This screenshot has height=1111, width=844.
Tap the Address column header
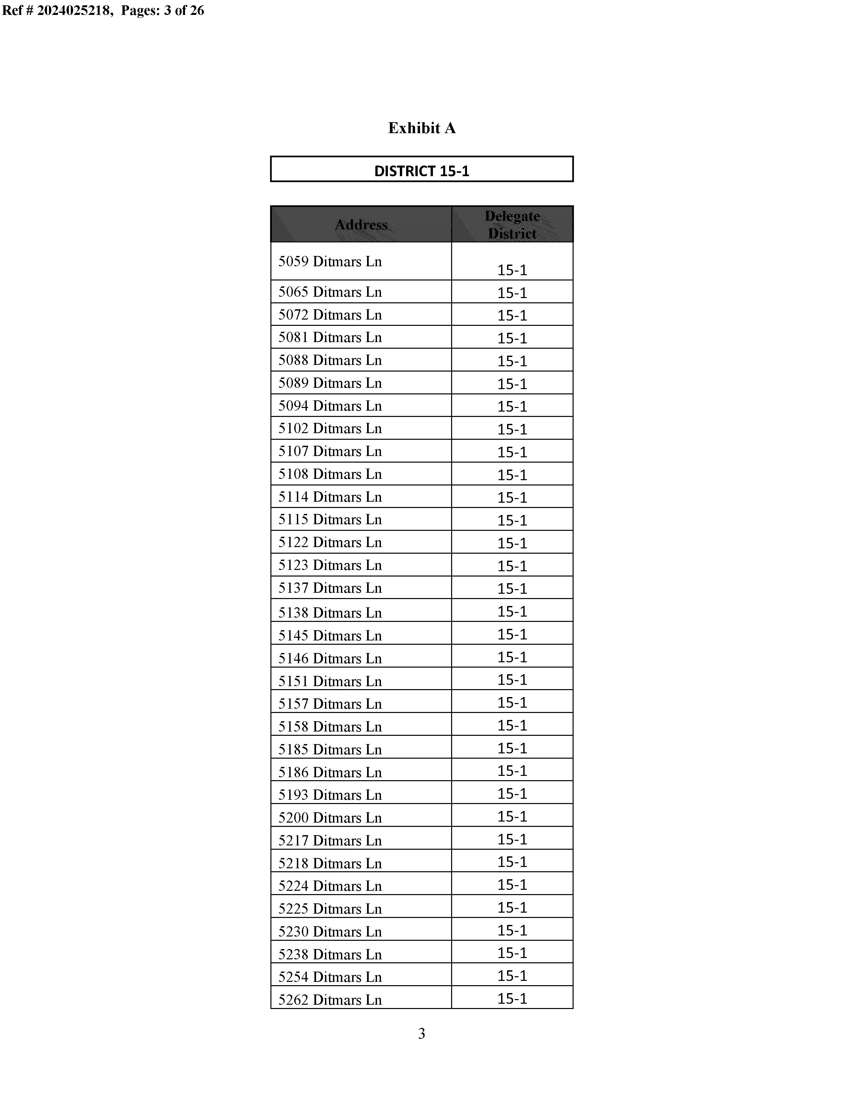tap(361, 224)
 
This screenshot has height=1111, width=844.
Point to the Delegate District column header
tap(512, 224)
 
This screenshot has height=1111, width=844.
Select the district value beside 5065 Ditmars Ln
tap(512, 292)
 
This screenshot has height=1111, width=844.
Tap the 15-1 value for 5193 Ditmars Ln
tap(512, 793)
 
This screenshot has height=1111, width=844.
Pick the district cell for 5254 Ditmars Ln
tap(512, 975)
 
